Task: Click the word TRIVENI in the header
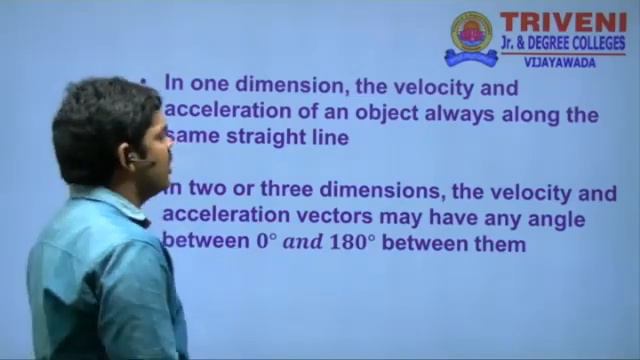[563, 23]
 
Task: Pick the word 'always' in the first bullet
[464, 114]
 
